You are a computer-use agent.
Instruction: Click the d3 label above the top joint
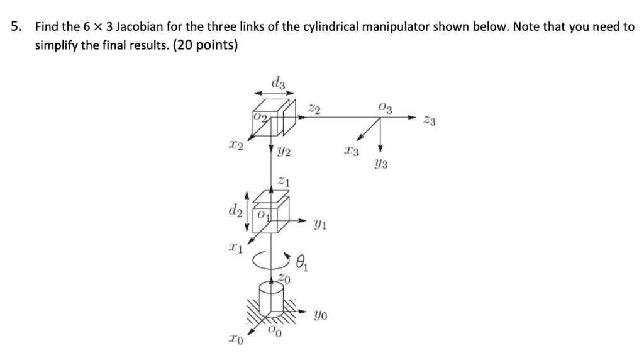[277, 82]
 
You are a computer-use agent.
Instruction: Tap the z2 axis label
[316, 110]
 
